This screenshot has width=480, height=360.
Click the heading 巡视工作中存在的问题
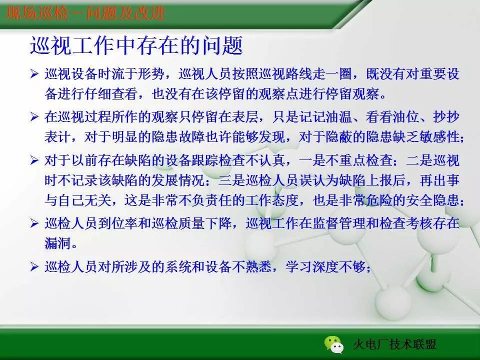tap(136, 46)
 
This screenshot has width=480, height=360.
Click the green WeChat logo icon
tap(334, 343)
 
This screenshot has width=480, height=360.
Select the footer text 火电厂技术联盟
tap(394, 344)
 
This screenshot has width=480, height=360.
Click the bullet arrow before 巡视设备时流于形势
tap(34, 74)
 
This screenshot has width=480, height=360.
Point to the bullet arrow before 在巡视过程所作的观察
tap(34, 117)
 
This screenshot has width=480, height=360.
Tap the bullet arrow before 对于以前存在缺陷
tap(34, 160)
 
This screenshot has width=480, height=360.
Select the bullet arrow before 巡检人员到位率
tap(34, 223)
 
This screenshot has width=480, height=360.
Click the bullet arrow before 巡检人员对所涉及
tap(34, 267)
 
